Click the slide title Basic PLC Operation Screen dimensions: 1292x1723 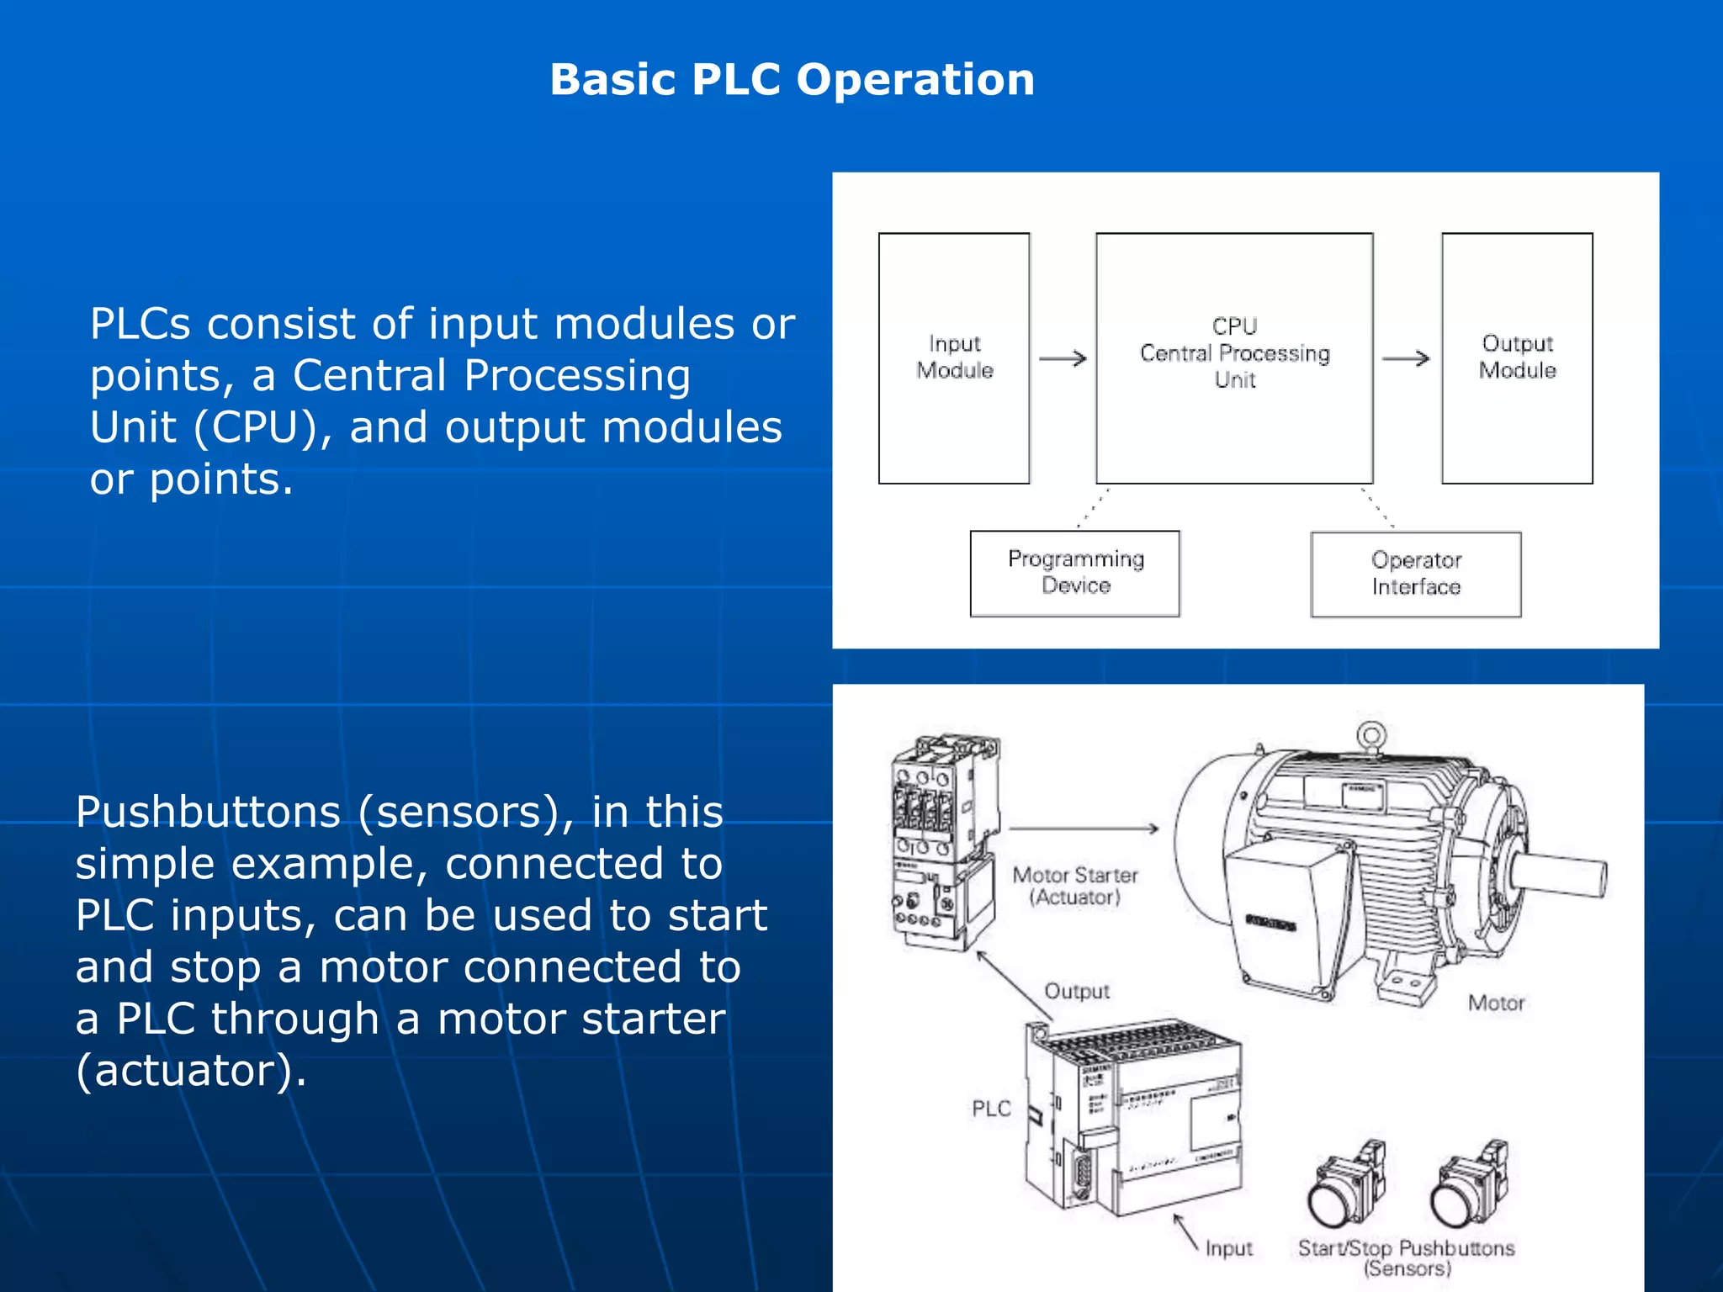tap(792, 80)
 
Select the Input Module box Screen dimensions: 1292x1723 tap(954, 357)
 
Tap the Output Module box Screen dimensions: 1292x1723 tap(1517, 357)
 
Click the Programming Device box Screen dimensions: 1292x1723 tap(1074, 573)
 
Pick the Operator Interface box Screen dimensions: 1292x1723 tap(1416, 574)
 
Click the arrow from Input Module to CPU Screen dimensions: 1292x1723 tap(1063, 359)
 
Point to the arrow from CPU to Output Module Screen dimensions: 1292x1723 tap(1406, 359)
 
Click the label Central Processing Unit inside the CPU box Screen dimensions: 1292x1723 tap(1234, 353)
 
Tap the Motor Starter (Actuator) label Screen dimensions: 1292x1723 tap(1074, 886)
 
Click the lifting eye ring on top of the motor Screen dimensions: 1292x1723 tap(1371, 735)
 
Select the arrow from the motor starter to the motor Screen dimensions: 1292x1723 tap(1084, 829)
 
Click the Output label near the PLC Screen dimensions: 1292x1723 tap(1076, 991)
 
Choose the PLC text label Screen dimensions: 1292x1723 tap(991, 1108)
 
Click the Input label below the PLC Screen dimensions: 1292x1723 tap(1228, 1248)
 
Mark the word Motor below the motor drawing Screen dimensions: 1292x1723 tap(1496, 1003)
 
